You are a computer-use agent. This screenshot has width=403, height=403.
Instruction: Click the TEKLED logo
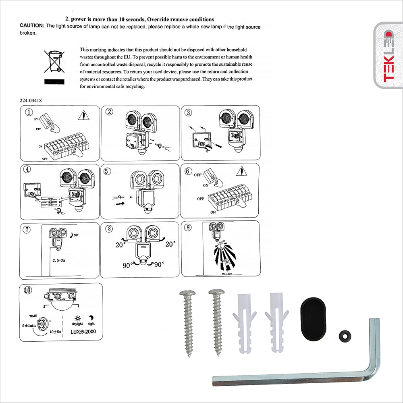pos(388,56)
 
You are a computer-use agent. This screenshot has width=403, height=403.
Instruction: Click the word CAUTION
pos(32,26)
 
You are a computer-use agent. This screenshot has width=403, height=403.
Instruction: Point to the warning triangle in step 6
pos(241,172)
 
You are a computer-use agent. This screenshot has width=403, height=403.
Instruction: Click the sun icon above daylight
pos(77,317)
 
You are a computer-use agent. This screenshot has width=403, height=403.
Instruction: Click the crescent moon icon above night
pos(91,317)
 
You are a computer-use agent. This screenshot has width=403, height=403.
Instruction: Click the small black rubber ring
pos(345,334)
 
